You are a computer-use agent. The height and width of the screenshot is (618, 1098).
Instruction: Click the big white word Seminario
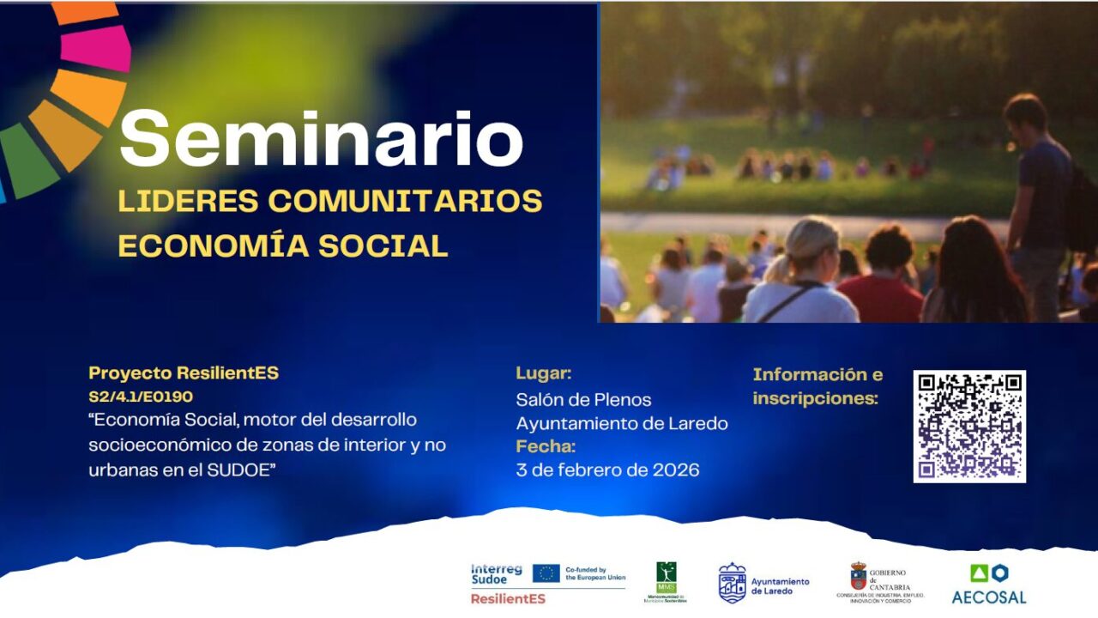click(322, 140)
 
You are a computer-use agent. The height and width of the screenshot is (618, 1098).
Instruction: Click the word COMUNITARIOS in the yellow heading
click(405, 201)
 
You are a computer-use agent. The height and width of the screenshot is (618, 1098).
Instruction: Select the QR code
click(969, 426)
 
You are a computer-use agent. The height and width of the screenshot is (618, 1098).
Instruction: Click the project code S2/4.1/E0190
click(141, 397)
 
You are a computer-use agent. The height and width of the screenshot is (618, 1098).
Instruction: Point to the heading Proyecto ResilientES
click(184, 373)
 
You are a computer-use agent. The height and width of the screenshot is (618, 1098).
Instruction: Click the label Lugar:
click(543, 373)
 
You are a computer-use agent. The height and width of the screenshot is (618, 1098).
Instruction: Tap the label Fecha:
click(546, 446)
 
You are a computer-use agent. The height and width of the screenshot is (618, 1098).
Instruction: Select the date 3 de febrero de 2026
click(607, 470)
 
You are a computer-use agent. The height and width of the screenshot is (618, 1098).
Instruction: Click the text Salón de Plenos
click(583, 400)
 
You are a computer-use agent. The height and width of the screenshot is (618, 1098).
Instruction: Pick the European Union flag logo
click(546, 573)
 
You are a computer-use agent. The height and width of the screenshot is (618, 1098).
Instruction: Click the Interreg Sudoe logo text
click(495, 574)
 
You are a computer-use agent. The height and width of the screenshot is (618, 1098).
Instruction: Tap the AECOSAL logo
click(988, 585)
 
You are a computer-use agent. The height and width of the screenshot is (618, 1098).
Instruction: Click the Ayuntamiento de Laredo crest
click(732, 583)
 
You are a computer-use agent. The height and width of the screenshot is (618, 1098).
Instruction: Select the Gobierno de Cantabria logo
click(879, 583)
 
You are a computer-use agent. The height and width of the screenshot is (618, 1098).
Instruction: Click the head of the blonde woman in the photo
click(811, 239)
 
